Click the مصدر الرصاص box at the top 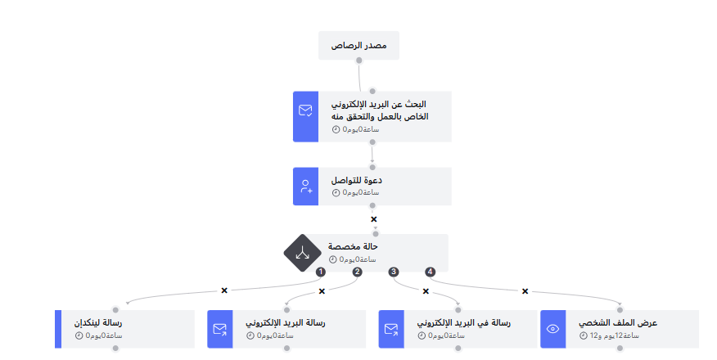[358, 46]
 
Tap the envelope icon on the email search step [306, 110]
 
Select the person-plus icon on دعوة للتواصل [306, 187]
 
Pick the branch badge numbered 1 [321, 272]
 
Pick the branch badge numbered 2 [357, 272]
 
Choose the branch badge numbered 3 [394, 272]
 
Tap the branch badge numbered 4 [430, 272]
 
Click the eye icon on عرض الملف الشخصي [553, 329]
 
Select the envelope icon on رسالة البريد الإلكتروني [220, 329]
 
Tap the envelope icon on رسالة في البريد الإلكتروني [391, 329]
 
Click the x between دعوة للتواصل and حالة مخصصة [374, 219]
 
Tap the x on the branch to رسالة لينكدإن [224, 290]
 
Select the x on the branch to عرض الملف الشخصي [525, 290]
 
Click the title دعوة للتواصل [357, 180]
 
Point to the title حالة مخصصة [353, 246]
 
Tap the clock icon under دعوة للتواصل [336, 193]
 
